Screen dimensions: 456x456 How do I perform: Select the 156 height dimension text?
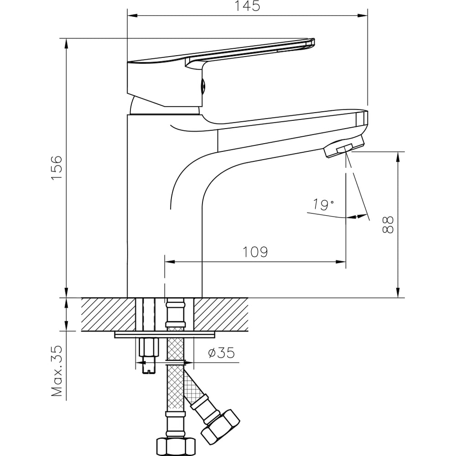pos(56,167)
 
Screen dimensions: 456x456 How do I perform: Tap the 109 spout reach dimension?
pos(255,252)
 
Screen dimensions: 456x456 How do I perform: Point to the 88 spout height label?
pos(388,225)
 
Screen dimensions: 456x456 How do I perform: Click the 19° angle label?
pos(323,205)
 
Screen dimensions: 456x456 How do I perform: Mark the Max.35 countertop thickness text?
pos(57,370)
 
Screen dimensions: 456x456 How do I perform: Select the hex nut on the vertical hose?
pos(176,445)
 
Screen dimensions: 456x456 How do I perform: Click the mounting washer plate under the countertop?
pos(165,335)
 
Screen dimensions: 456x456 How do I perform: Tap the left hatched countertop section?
pos(109,314)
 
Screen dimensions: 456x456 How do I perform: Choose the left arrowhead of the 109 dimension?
pos(169,262)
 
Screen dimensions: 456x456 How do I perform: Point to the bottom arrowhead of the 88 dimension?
pos(398,293)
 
